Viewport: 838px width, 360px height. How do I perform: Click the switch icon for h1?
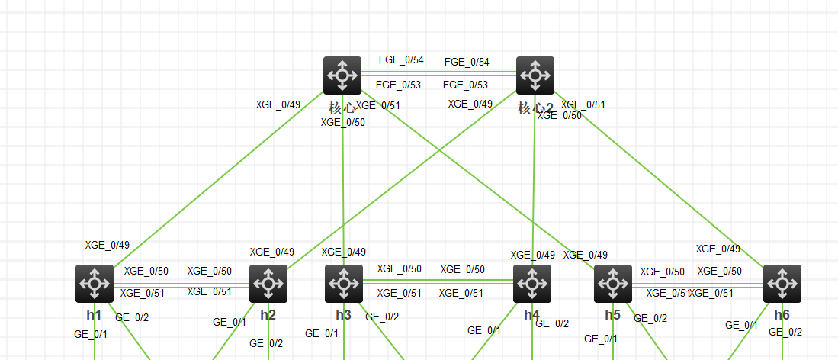[x=95, y=284]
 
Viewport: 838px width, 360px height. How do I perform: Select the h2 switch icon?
[x=268, y=284]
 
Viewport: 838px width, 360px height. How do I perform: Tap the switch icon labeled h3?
[x=344, y=284]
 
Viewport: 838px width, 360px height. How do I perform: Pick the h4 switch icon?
[x=532, y=284]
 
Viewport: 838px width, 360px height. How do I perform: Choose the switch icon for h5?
[x=613, y=284]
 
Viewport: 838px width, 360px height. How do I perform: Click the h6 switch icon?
[x=782, y=284]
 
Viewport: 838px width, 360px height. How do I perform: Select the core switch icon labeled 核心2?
[x=535, y=75]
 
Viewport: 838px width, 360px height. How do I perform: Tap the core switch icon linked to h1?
[x=342, y=75]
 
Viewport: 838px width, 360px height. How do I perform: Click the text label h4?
[x=531, y=315]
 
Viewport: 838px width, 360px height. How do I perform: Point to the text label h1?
[x=94, y=315]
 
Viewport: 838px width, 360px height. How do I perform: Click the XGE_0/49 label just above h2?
[x=272, y=252]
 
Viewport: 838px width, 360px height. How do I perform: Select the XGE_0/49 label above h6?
[x=718, y=249]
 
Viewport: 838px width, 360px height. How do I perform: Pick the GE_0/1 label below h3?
[x=322, y=333]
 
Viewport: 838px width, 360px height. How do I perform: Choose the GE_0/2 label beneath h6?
[x=785, y=332]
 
